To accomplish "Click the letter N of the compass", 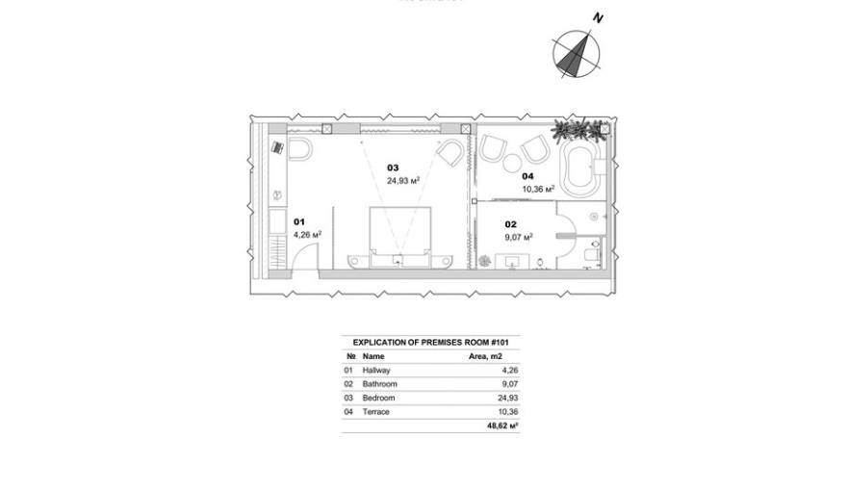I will tap(598, 17).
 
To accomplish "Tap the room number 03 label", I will tap(392, 167).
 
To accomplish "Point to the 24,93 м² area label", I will tap(402, 180).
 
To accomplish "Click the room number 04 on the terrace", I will tap(527, 176).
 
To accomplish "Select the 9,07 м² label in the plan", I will tap(519, 236).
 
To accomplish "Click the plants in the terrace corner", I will tap(580, 128).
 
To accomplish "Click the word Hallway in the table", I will tap(377, 370).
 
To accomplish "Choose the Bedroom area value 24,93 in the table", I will tap(506, 398).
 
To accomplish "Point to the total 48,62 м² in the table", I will tap(502, 425).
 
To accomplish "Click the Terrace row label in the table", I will tap(376, 411).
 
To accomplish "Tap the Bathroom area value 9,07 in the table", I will tap(508, 383).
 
